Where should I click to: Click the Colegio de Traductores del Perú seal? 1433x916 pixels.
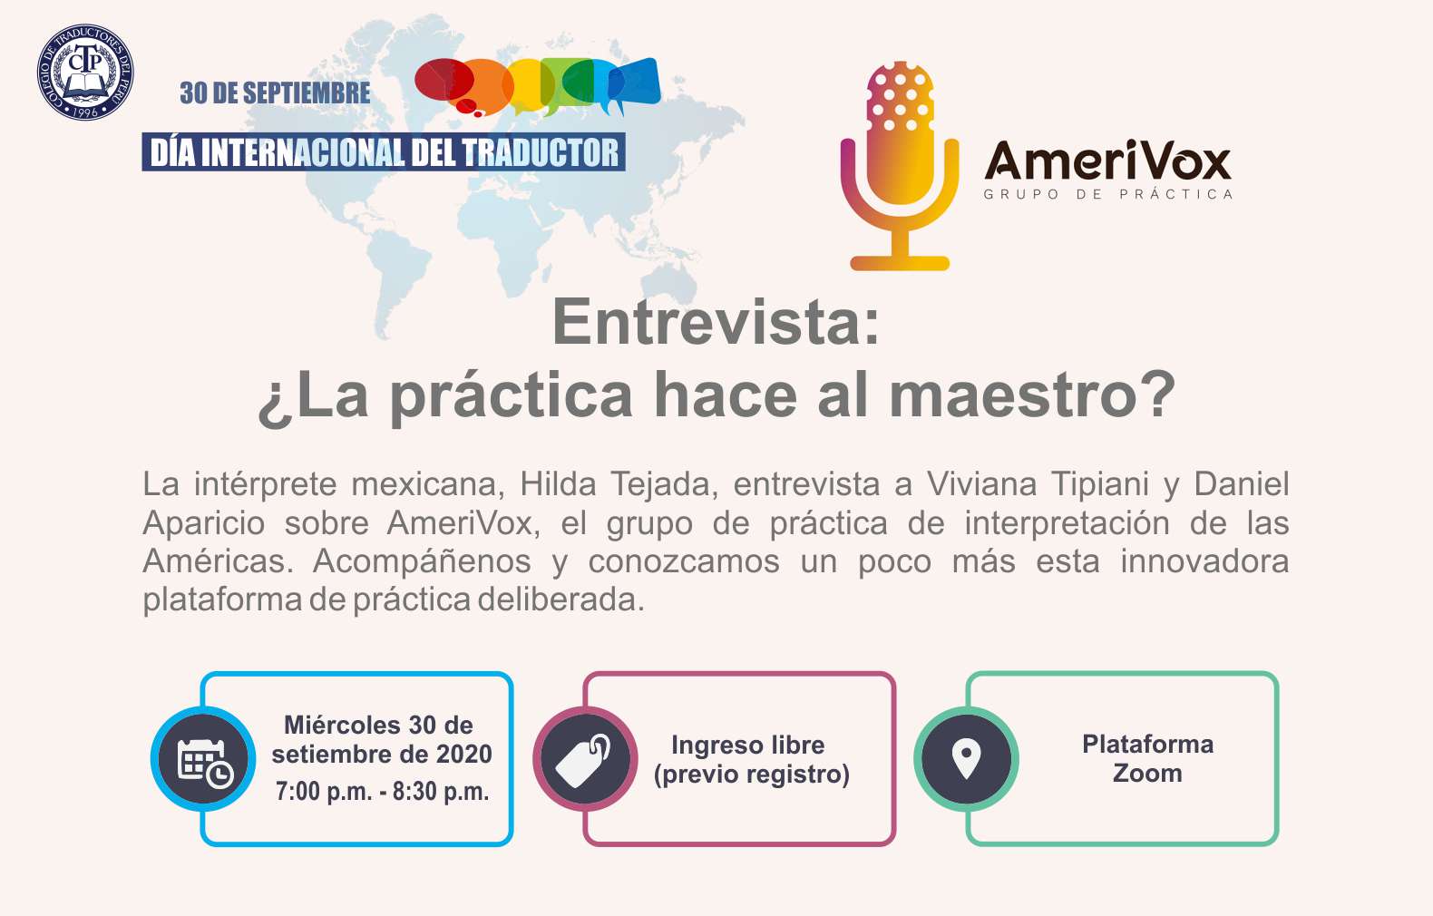pos(85,73)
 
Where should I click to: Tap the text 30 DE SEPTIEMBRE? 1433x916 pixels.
pos(275,93)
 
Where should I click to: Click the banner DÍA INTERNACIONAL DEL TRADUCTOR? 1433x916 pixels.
pos(384,152)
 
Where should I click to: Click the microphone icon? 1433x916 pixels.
pos(900,166)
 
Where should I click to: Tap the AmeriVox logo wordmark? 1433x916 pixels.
pos(1108,161)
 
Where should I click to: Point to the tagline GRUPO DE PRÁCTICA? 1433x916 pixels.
pos(1108,194)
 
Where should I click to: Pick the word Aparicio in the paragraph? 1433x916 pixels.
pos(204,523)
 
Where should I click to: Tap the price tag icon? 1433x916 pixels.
pos(583,760)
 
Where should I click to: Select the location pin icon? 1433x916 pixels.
pos(966,758)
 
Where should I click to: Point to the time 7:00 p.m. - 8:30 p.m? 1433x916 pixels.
pos(382,792)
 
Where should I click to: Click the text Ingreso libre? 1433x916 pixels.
pos(747,745)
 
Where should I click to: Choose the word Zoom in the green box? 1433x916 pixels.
pos(1147,774)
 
